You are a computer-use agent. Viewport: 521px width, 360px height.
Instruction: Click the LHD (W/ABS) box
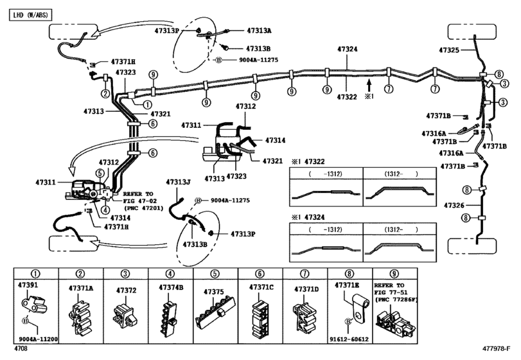point(31,13)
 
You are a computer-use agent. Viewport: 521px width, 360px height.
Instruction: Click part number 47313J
point(179,183)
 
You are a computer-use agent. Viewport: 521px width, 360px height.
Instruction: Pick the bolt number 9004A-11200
point(39,338)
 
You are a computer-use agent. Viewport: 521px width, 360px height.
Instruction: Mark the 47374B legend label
point(170,288)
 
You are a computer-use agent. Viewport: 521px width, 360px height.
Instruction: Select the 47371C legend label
point(262,288)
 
